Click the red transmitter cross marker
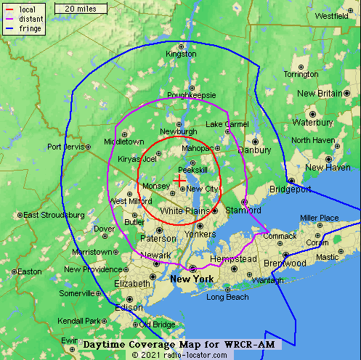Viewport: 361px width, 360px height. (x=179, y=179)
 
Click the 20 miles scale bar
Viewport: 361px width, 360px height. (x=81, y=8)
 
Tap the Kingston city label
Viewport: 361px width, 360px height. (x=181, y=54)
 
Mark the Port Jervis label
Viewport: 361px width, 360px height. (x=65, y=147)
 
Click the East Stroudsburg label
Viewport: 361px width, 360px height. (x=54, y=215)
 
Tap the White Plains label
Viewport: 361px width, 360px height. (x=182, y=210)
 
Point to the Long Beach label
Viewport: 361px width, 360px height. (x=227, y=297)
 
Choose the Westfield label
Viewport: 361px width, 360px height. (x=331, y=15)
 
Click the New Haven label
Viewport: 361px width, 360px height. (x=328, y=168)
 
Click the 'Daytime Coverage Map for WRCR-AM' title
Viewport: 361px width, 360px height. (x=178, y=343)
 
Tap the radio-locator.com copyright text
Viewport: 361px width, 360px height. (x=179, y=354)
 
